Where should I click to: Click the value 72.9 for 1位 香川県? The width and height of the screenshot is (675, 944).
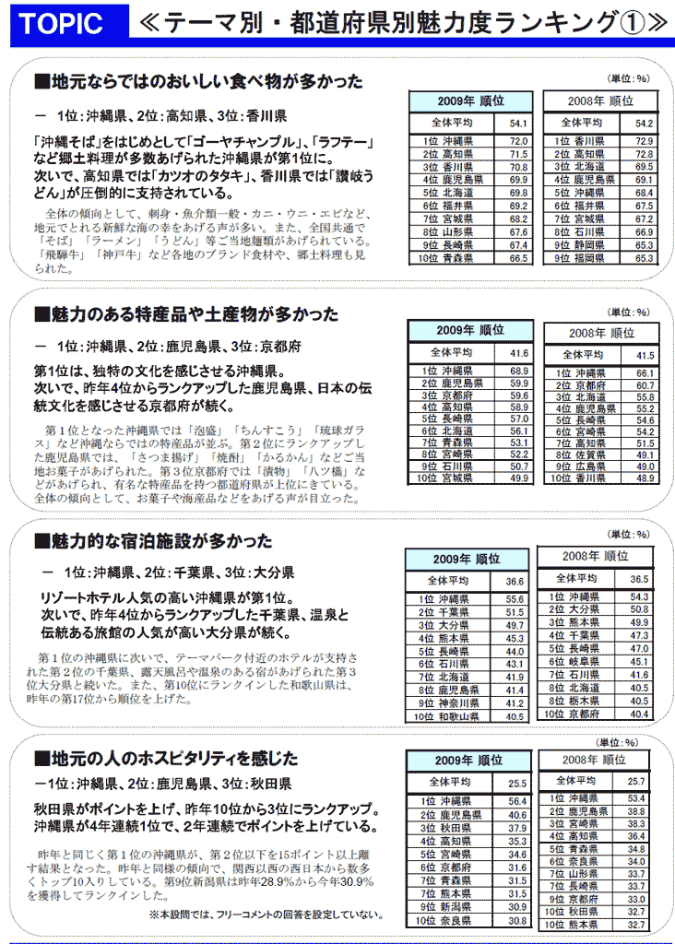(x=644, y=141)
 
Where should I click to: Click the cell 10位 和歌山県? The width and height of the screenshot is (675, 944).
(x=446, y=715)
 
